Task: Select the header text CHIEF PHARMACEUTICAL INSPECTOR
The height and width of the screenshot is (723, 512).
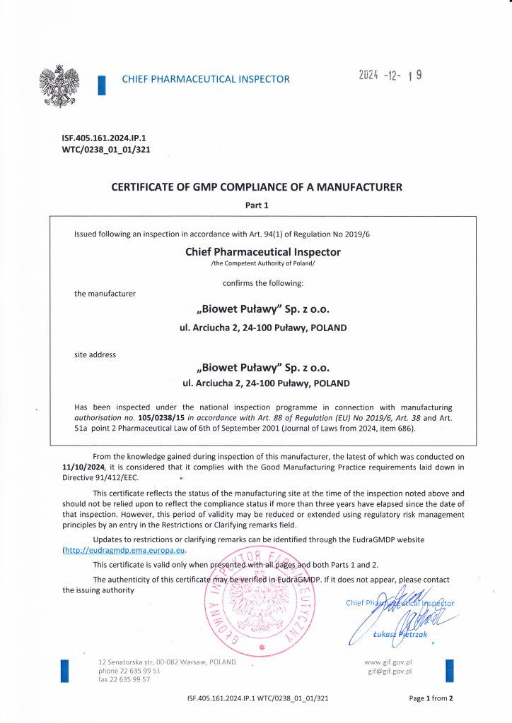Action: pyautogui.click(x=206, y=79)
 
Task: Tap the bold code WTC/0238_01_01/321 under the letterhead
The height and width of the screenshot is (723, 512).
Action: pyautogui.click(x=106, y=150)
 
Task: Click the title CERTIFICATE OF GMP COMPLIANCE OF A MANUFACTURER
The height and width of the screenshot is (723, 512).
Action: pyautogui.click(x=257, y=188)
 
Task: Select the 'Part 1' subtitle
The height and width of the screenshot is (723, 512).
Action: pyautogui.click(x=257, y=205)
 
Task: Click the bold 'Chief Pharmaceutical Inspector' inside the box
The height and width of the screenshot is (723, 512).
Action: pyautogui.click(x=262, y=252)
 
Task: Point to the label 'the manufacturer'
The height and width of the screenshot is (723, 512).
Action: pyautogui.click(x=105, y=293)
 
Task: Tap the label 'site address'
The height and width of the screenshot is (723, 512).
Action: pyautogui.click(x=95, y=354)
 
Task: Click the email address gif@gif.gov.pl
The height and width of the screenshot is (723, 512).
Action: pyautogui.click(x=389, y=671)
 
